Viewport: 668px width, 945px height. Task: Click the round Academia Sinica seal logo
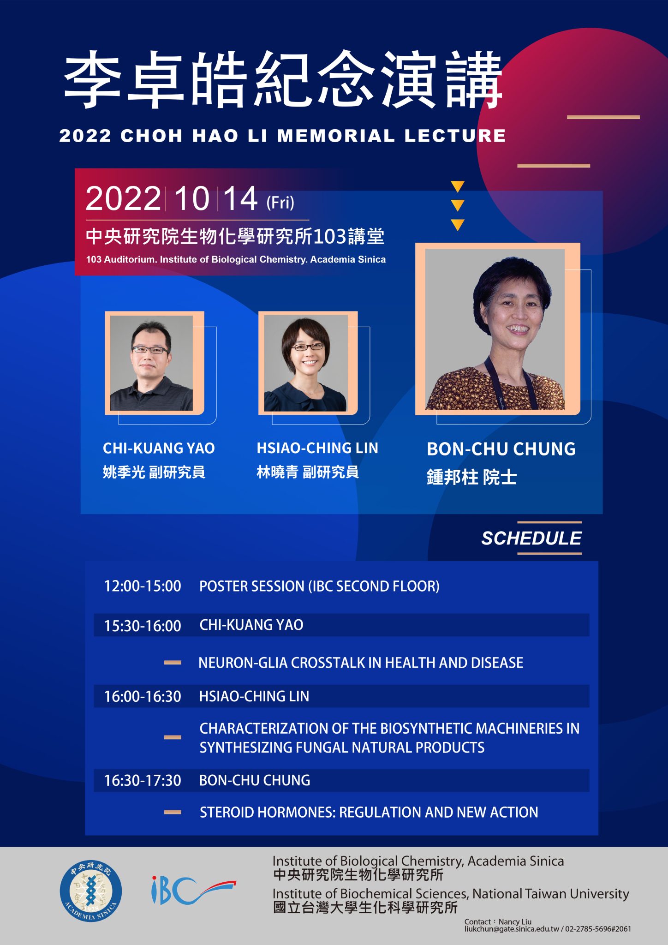click(x=91, y=891)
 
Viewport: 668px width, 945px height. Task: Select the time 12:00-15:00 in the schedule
click(x=143, y=586)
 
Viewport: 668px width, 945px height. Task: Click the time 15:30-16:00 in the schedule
click(x=143, y=626)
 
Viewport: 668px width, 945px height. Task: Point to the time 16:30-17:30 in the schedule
click(x=143, y=780)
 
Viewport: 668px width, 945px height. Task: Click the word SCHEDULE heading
click(x=531, y=538)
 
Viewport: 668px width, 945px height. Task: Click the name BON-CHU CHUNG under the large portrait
click(x=501, y=449)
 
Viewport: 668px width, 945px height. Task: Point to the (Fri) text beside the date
click(x=280, y=203)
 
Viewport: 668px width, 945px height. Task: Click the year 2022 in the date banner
click(x=123, y=199)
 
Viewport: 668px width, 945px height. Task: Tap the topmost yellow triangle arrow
click(x=457, y=187)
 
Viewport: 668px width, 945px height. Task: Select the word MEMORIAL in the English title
click(x=336, y=136)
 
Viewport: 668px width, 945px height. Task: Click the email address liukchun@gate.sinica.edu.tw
click(x=512, y=929)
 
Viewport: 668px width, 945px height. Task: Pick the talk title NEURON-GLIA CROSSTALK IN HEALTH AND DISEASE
click(x=361, y=663)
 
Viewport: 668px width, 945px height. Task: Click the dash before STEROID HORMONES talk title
click(x=173, y=812)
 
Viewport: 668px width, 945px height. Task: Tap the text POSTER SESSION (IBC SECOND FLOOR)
click(x=319, y=586)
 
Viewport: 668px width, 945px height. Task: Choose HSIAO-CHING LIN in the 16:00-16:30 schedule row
click(x=254, y=696)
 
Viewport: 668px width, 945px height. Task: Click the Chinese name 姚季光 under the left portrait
click(x=124, y=472)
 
